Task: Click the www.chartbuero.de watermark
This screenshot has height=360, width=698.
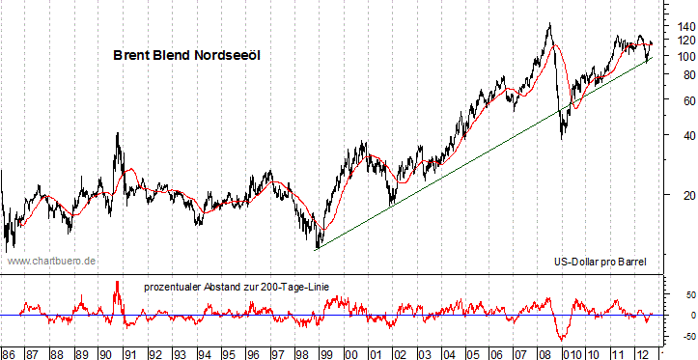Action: tap(51, 261)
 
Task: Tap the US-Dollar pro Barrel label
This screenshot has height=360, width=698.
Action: tap(599, 261)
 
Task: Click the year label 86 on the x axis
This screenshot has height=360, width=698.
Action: tap(9, 352)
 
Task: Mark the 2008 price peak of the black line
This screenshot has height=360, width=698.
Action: tap(548, 24)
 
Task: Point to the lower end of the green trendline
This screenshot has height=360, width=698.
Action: tap(317, 249)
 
